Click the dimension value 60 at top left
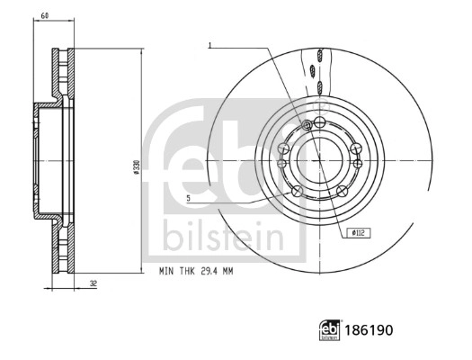pyautogui.click(x=45, y=16)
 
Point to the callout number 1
pyautogui.click(x=209, y=45)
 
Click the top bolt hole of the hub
pyautogui.click(x=320, y=122)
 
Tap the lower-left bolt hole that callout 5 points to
pyautogui.click(x=296, y=191)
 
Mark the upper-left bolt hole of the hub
pyautogui.click(x=283, y=148)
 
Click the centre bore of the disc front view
pyautogui.click(x=320, y=158)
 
